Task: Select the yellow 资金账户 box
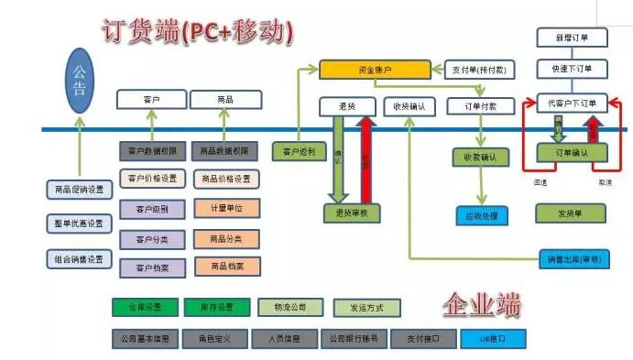click(x=374, y=69)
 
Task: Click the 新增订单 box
click(x=572, y=38)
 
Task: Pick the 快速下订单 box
click(x=572, y=69)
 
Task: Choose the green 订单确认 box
click(x=572, y=153)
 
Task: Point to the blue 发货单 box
click(x=570, y=213)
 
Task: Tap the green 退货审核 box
click(x=352, y=213)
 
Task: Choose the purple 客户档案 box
click(x=152, y=267)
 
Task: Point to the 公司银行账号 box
click(x=353, y=338)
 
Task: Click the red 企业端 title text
click(x=482, y=303)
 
